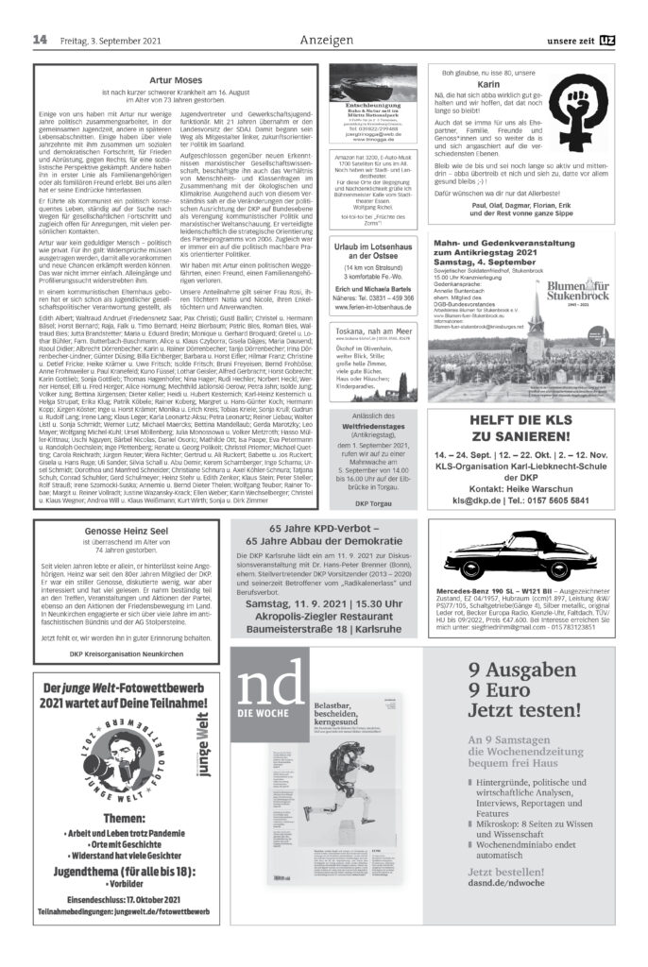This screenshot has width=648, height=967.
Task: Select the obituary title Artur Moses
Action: tap(177, 82)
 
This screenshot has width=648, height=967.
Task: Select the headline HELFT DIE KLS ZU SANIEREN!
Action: tap(522, 438)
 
